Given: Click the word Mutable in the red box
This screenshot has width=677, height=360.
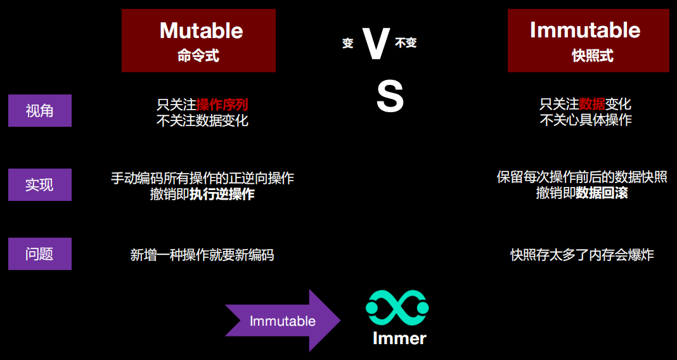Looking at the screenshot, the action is click(201, 30).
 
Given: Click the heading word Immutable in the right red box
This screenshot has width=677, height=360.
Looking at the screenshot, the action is click(585, 30).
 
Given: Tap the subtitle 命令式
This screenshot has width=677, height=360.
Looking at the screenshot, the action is click(198, 56).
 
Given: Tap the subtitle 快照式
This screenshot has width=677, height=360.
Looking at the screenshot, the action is click(592, 56).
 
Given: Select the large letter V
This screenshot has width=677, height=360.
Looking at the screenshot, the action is click(376, 43).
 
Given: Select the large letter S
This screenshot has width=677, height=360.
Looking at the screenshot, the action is click(390, 98).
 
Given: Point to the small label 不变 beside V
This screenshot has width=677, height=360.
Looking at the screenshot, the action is click(406, 42).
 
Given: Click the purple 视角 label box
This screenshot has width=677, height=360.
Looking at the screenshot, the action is click(40, 110).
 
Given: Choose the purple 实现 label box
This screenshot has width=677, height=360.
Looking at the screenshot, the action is click(40, 184).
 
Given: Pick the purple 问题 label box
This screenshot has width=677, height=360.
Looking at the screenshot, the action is click(40, 254).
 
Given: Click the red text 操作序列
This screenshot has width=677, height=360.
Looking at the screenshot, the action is click(222, 105).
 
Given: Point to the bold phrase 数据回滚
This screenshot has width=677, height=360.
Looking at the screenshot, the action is click(602, 193).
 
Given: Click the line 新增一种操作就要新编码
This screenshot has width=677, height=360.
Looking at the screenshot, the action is click(202, 255).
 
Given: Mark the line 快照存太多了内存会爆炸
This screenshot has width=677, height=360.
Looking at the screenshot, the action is click(582, 255).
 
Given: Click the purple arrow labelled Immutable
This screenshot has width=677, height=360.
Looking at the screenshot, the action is click(283, 320).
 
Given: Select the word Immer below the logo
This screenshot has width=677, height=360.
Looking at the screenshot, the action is click(399, 338).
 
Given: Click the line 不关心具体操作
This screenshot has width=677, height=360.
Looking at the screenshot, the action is click(586, 120).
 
